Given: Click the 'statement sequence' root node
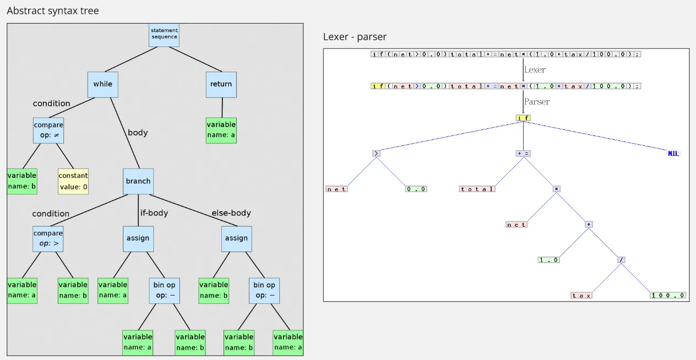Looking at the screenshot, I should click(x=165, y=34).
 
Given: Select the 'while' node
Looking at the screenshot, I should click(x=102, y=84).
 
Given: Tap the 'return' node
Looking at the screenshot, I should click(x=221, y=84).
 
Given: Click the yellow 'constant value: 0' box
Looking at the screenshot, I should click(x=73, y=181).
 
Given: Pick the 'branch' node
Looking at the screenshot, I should click(x=138, y=181).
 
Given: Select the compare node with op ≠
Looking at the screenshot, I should click(x=48, y=130).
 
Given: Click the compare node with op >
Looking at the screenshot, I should click(x=48, y=238).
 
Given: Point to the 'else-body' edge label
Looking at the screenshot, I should click(x=231, y=213).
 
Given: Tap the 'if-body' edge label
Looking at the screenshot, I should click(x=154, y=213).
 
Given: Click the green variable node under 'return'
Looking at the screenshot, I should click(x=221, y=130).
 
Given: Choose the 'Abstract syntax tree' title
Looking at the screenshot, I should click(x=53, y=10).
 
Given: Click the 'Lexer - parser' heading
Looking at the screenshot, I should click(x=355, y=37).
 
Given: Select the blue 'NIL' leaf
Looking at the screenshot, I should click(x=673, y=154).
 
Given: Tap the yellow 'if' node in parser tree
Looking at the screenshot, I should click(x=523, y=118).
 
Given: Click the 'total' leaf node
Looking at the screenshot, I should click(x=477, y=189).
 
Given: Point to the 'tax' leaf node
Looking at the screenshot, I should click(x=581, y=296).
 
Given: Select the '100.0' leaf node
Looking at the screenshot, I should click(x=668, y=296).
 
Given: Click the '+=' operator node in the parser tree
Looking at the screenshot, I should click(x=523, y=154).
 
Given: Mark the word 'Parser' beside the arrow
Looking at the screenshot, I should click(x=537, y=102).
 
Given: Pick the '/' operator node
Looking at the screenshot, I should click(x=621, y=260).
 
